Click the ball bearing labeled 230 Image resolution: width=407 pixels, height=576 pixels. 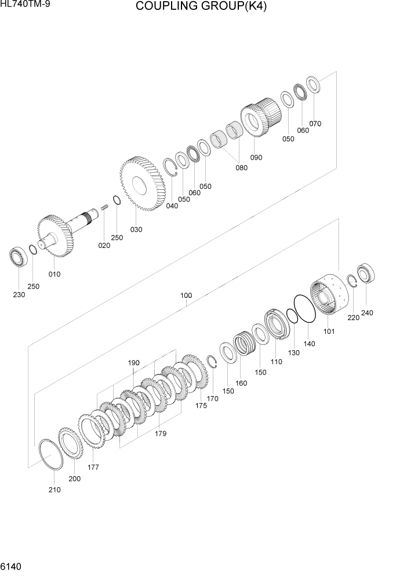pyautogui.click(x=19, y=256)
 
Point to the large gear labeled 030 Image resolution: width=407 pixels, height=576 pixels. pyautogui.click(x=142, y=184)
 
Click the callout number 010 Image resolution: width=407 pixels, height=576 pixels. pyautogui.click(x=54, y=274)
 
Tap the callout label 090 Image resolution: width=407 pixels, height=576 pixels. pyautogui.click(x=256, y=157)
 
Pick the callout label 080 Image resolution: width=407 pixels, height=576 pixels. pyautogui.click(x=241, y=168)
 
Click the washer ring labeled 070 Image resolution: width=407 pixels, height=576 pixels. pyautogui.click(x=314, y=85)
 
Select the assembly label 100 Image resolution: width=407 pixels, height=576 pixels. pyautogui.click(x=186, y=296)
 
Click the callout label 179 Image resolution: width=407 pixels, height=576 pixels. pyautogui.click(x=161, y=433)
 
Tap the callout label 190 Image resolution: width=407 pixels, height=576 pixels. pyautogui.click(x=134, y=363)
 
